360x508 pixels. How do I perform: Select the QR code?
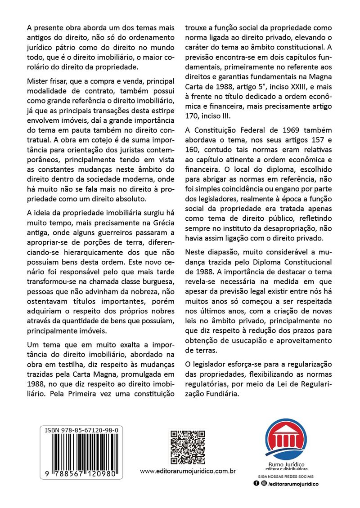pos(188,447)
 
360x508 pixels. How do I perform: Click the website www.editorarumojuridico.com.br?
pos(188,471)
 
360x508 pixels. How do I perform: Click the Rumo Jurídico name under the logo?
pos(286,464)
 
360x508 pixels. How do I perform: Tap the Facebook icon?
pos(256,483)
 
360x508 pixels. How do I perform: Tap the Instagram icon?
pos(263,483)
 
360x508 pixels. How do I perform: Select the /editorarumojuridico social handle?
pos(293,484)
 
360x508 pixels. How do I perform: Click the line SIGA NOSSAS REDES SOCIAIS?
pos(286,476)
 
